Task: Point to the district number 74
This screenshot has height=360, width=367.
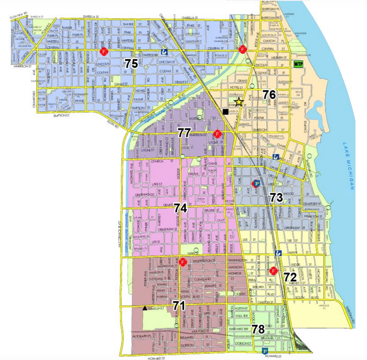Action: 181,208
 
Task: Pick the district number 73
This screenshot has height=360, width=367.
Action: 276,197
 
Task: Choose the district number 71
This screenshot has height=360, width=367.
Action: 179,305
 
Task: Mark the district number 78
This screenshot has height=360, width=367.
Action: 258,329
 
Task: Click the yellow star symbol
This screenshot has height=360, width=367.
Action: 239,101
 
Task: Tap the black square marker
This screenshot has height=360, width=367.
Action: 226,111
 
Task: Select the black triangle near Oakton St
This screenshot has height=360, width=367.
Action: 145,308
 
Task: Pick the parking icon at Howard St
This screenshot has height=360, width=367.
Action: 266,352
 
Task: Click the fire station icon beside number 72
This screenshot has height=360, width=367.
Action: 274,271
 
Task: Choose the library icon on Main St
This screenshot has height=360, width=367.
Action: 278,253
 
